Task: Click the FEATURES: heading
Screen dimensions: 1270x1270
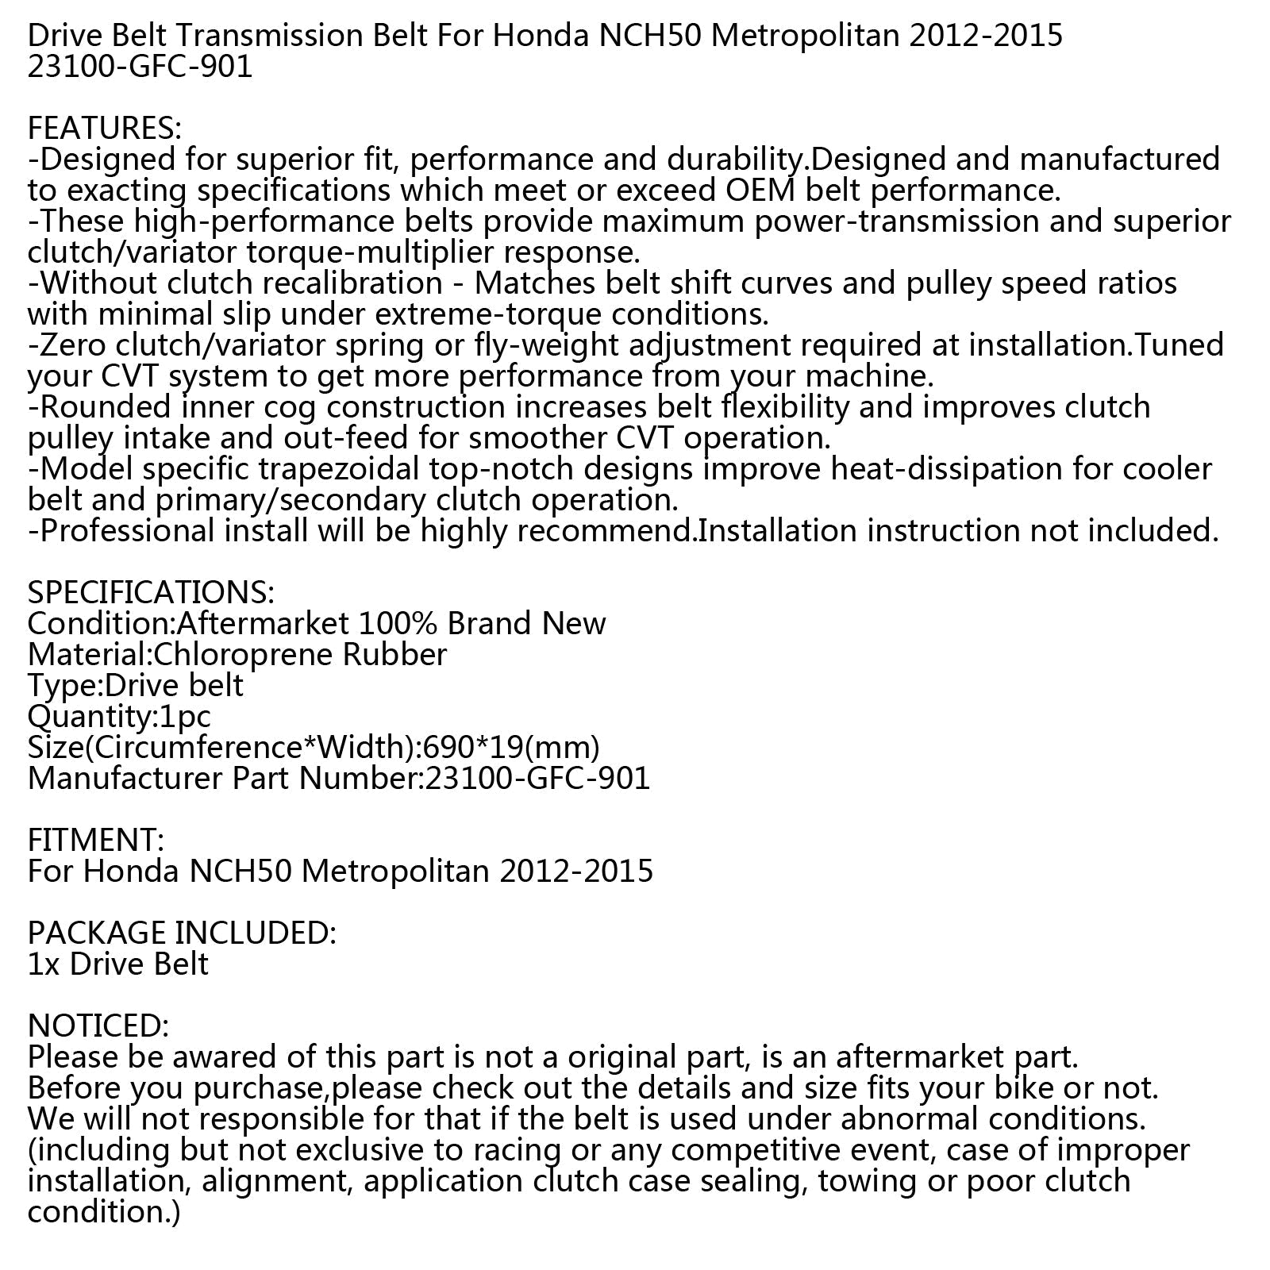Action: point(105,129)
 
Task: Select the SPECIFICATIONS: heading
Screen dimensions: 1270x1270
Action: point(151,593)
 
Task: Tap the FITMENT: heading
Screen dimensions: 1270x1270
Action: point(96,841)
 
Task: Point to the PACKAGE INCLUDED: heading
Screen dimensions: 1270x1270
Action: point(182,933)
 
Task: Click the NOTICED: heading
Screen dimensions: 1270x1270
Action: point(98,1026)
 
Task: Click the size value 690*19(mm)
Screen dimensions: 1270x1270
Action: point(512,748)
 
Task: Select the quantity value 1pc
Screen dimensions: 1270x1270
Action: point(184,717)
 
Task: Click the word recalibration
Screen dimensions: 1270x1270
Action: point(342,283)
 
